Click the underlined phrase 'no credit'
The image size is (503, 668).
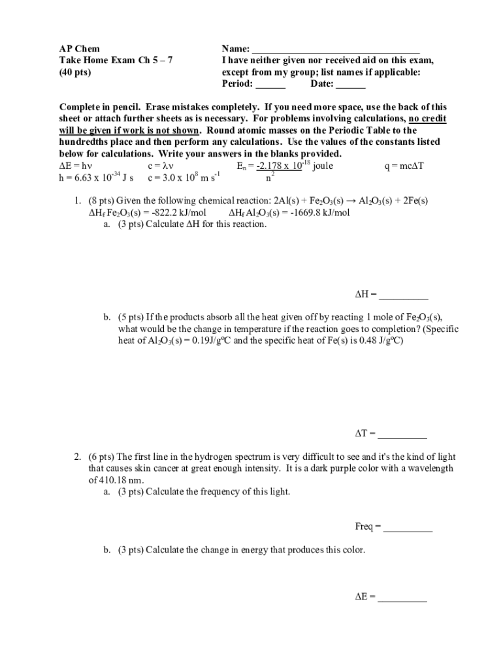click(427, 119)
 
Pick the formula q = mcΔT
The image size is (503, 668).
click(405, 166)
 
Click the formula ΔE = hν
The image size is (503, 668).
click(76, 166)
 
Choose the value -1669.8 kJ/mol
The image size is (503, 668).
click(320, 213)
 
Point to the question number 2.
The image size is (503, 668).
click(76, 457)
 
